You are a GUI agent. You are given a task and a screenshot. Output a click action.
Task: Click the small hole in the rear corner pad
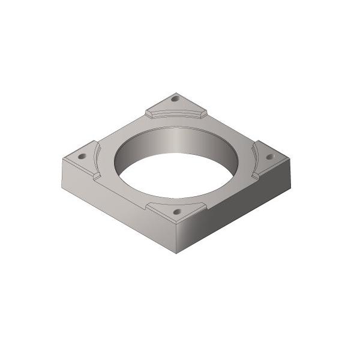[175, 98]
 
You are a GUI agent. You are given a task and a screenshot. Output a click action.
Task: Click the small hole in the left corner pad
[82, 156]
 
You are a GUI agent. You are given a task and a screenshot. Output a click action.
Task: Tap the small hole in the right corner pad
[269, 156]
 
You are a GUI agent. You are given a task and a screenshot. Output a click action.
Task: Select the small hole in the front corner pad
[176, 212]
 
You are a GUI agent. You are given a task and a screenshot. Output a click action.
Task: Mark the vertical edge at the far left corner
[62, 171]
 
